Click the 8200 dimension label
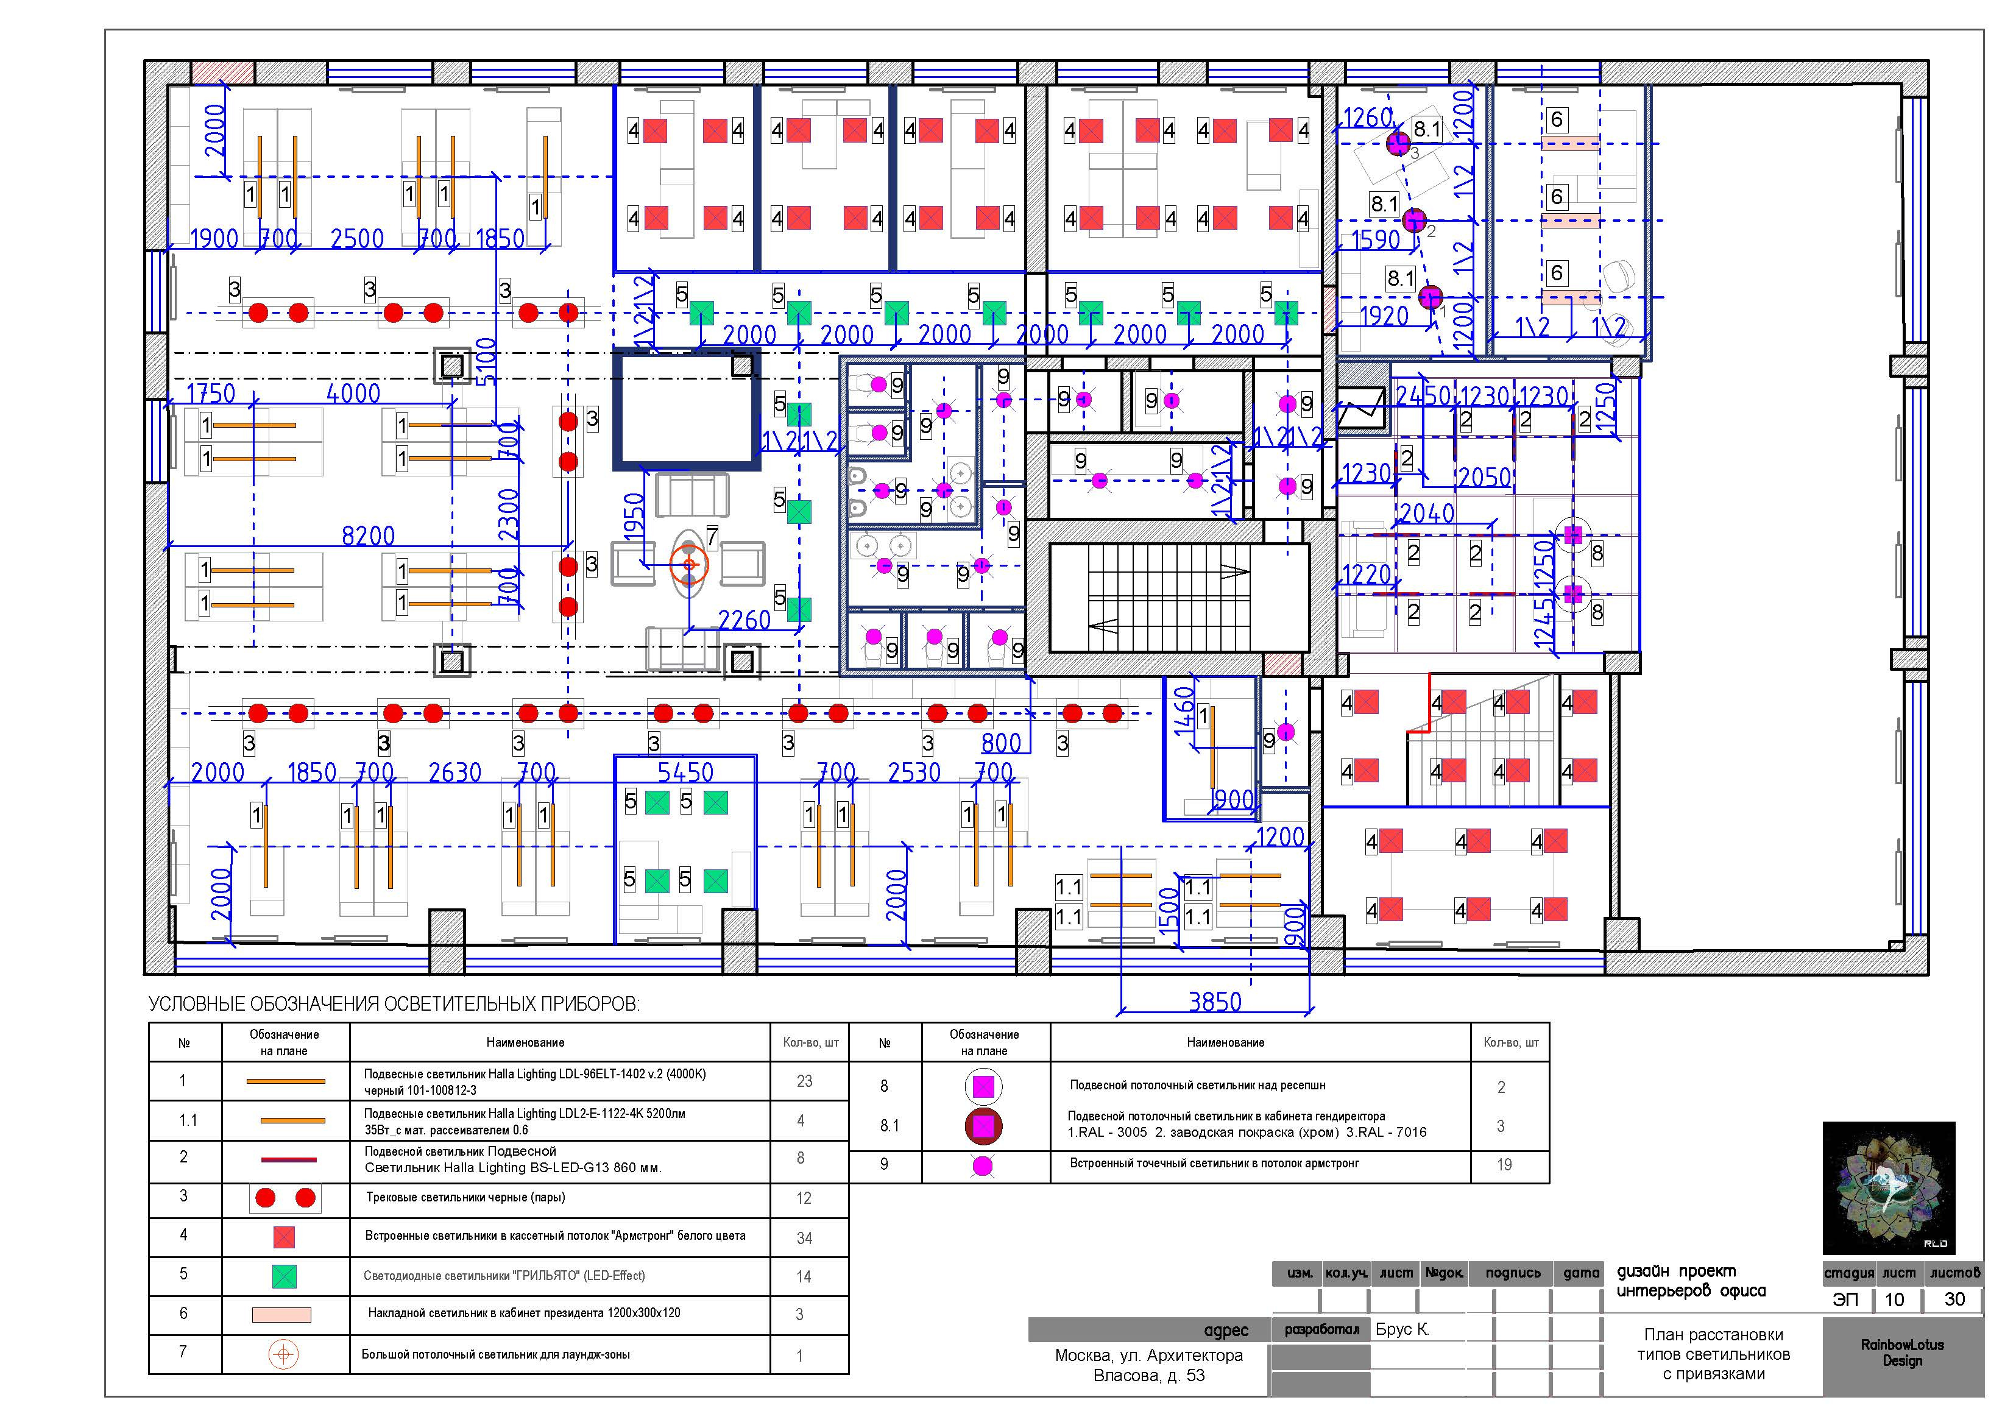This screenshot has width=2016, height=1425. (x=368, y=536)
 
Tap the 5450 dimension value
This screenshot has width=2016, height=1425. (x=686, y=773)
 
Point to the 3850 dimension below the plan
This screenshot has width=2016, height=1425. (x=1215, y=1002)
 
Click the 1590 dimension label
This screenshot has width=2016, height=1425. (x=1375, y=239)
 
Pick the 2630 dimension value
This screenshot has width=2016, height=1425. (x=455, y=773)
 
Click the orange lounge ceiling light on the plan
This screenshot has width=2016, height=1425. (x=688, y=565)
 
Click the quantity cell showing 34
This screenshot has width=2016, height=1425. (x=804, y=1238)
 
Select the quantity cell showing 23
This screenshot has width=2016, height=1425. (x=804, y=1082)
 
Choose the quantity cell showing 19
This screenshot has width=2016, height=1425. (x=1504, y=1165)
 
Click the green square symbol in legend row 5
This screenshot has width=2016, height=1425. (x=284, y=1276)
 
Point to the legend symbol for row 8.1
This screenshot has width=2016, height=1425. (x=983, y=1126)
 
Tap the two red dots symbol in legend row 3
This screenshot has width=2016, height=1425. (x=285, y=1198)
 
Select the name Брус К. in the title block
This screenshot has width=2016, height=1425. (x=1402, y=1329)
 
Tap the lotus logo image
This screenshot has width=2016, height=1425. (x=1889, y=1188)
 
